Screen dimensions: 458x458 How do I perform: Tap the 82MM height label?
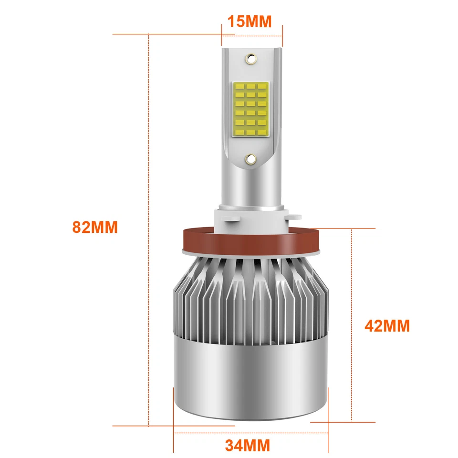tap(95, 227)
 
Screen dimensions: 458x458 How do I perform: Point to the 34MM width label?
tap(247, 446)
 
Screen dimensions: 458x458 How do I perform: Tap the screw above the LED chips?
tap(250, 60)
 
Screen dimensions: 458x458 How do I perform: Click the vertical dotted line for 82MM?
tap(149, 229)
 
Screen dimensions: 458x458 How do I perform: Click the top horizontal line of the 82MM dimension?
tap(167, 34)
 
